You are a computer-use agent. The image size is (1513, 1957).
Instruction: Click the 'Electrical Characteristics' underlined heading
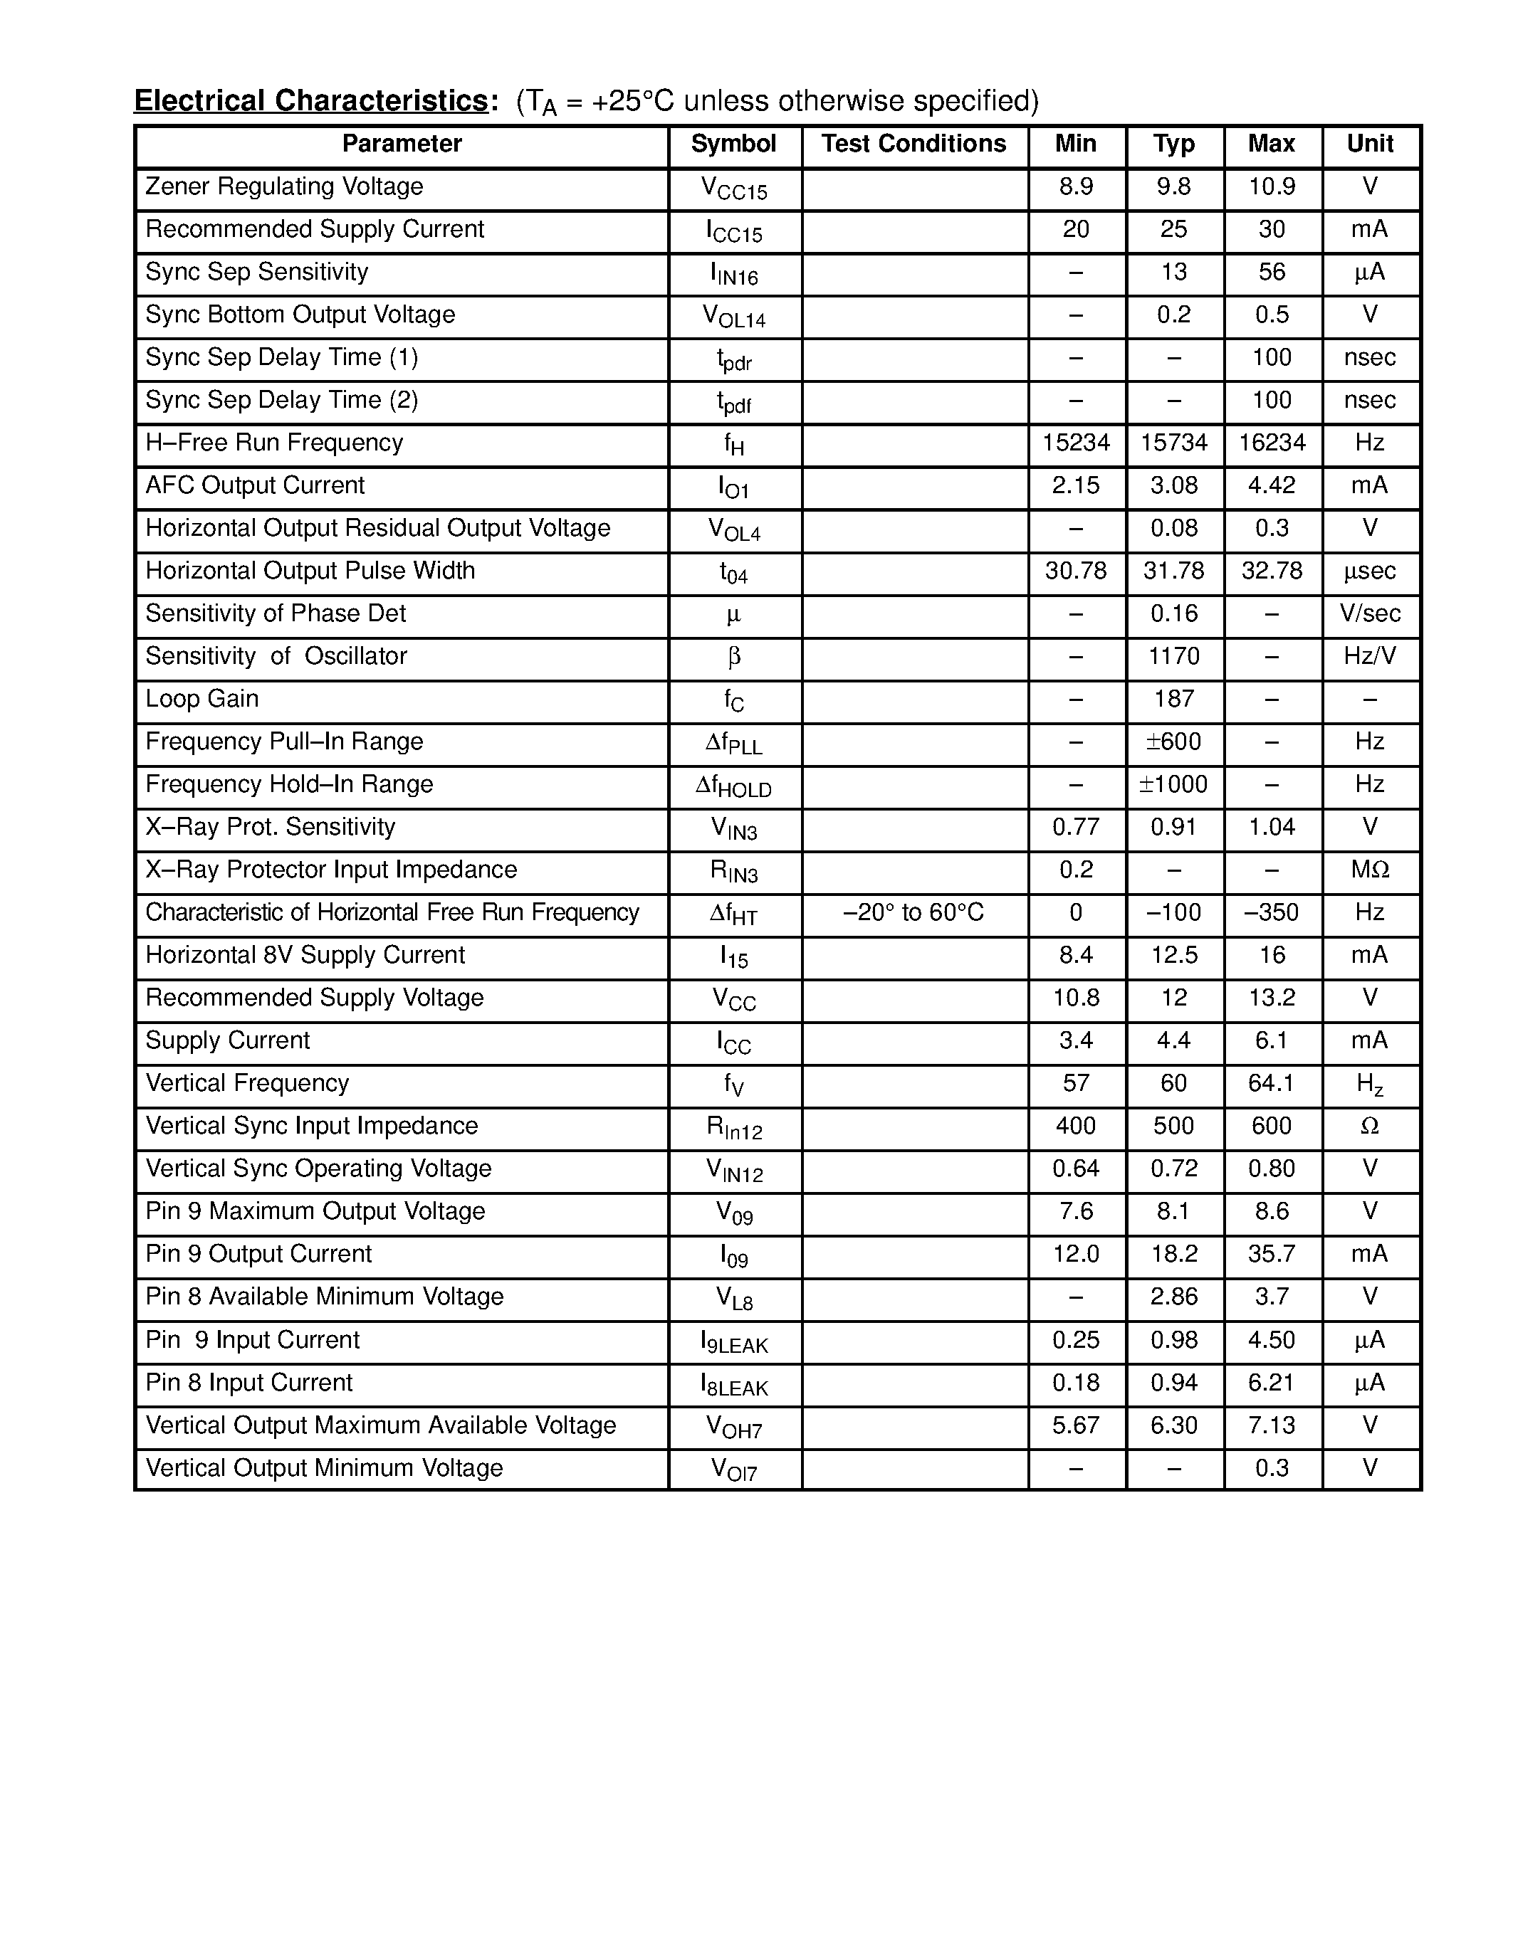coord(311,100)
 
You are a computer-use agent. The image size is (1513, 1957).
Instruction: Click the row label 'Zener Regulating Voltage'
coord(284,186)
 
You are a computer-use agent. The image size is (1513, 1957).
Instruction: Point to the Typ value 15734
coord(1173,443)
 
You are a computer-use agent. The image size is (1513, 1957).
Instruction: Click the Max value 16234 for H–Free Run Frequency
coord(1271,443)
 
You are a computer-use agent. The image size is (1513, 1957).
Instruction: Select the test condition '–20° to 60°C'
coord(913,912)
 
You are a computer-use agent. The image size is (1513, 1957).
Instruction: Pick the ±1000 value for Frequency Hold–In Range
coord(1173,784)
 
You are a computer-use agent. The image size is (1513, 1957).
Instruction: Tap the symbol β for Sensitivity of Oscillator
coord(733,657)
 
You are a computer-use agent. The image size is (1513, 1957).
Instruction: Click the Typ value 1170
coord(1173,656)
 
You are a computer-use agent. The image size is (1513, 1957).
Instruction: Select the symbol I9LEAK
coord(733,1342)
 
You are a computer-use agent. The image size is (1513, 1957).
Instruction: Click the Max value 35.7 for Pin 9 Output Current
coord(1271,1254)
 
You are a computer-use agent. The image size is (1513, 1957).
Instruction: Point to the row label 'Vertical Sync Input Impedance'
coord(311,1126)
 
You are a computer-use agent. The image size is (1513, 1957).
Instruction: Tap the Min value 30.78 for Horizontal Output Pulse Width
coord(1076,571)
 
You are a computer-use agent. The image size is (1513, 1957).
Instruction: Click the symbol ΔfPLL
coord(733,743)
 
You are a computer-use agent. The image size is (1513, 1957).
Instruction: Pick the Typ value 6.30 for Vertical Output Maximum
coord(1173,1425)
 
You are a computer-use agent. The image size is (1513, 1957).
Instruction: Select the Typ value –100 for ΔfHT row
coord(1173,912)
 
